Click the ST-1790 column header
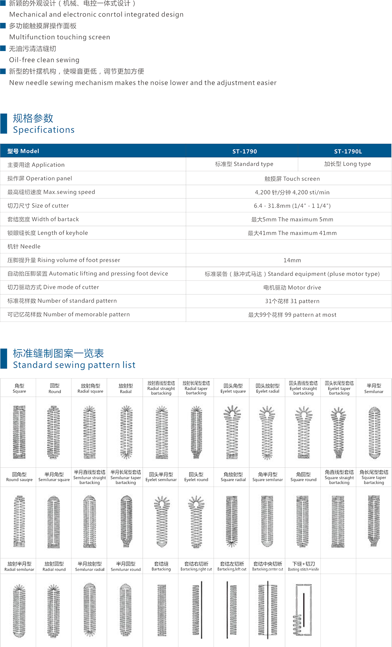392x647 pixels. (x=245, y=151)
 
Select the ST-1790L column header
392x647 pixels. (x=348, y=151)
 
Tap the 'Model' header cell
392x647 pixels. (x=24, y=151)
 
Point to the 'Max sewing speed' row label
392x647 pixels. (x=51, y=192)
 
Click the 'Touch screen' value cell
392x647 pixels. (x=290, y=179)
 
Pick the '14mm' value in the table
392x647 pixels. (x=292, y=261)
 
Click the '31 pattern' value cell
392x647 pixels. (x=290, y=301)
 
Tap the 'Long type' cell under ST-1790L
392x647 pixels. (x=348, y=164)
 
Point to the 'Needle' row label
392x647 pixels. (x=24, y=247)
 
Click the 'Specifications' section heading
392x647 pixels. (x=43, y=129)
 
